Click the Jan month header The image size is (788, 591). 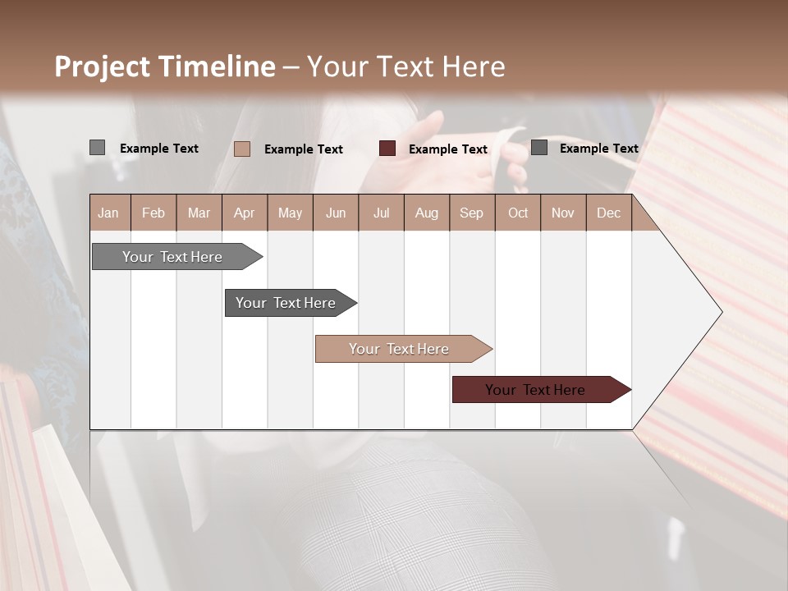coord(108,213)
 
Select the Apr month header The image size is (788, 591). coord(244,213)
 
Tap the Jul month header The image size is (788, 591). coord(381,213)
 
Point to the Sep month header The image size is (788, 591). coord(471,213)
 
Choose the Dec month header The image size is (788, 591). coord(608,213)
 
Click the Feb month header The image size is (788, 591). coord(153,213)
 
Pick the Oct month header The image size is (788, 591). coord(518,213)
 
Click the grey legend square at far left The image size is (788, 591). coord(97,148)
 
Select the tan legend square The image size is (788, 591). coord(242,149)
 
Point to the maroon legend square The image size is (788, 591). coord(387,149)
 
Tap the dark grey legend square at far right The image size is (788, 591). coord(539,148)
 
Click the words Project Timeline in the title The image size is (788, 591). coord(165,66)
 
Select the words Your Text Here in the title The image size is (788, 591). coord(406,66)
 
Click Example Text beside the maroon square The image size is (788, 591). coord(448,149)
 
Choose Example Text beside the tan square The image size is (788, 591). coord(304,149)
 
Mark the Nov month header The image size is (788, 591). coord(563,213)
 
